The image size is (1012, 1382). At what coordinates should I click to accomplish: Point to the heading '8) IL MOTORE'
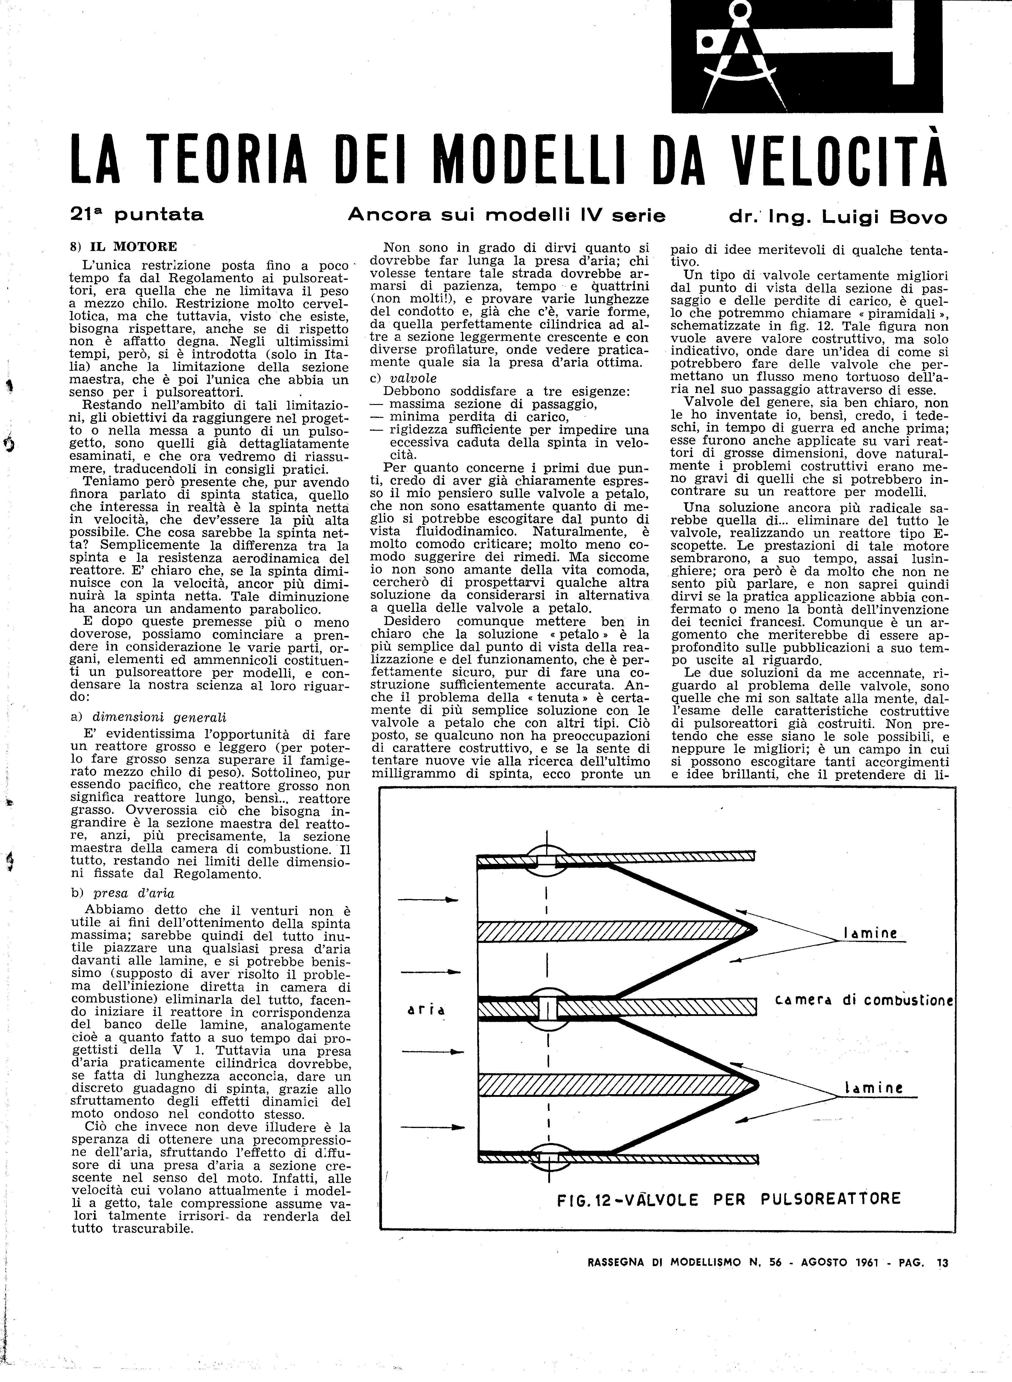[124, 247]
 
